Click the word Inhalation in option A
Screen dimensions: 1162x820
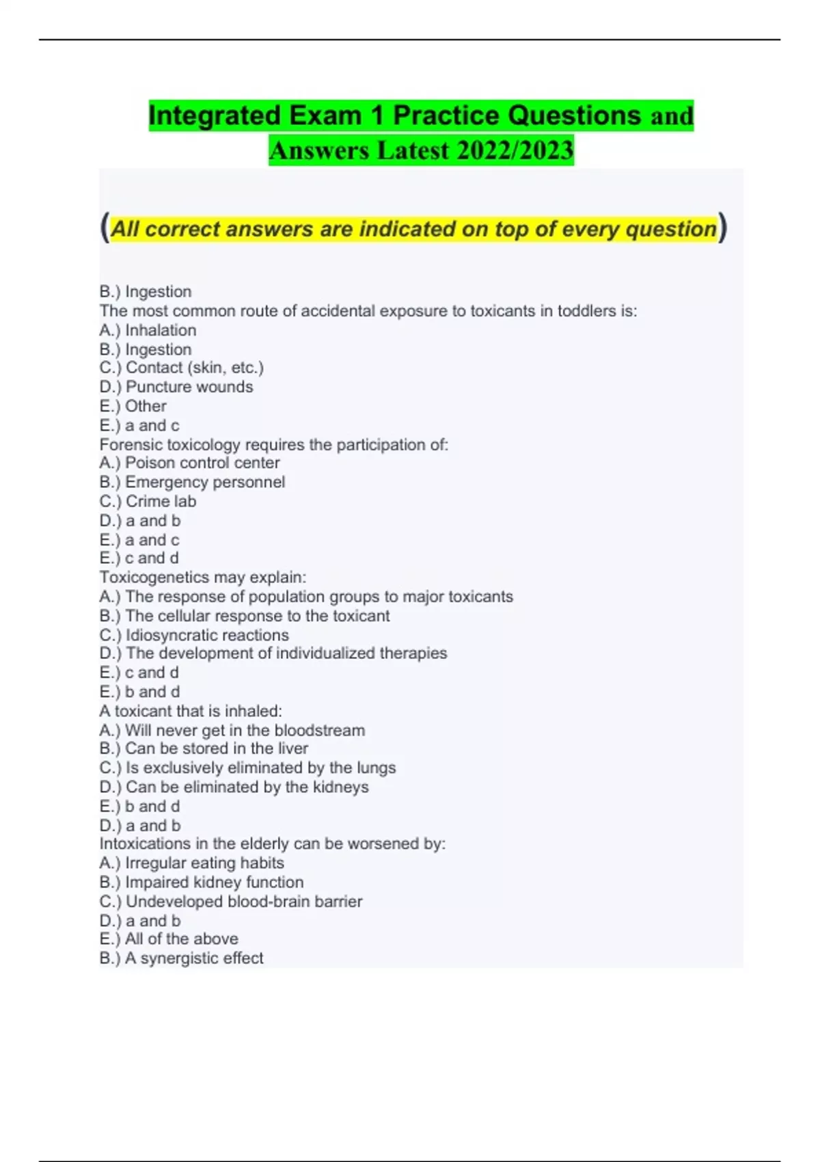(x=161, y=330)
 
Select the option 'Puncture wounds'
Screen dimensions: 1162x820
(x=189, y=387)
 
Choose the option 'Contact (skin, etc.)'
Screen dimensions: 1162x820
(x=194, y=368)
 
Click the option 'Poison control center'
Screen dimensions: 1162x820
(x=202, y=463)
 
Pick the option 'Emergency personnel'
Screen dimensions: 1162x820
(x=205, y=482)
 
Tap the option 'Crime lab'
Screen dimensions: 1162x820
(x=161, y=501)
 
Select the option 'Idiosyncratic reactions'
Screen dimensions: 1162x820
(x=207, y=635)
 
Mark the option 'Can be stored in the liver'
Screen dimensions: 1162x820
(x=216, y=748)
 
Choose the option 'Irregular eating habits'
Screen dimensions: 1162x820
(x=204, y=863)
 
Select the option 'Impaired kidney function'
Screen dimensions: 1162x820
(x=214, y=882)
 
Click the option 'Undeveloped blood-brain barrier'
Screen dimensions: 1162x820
(x=243, y=902)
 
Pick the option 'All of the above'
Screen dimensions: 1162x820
(x=181, y=939)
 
